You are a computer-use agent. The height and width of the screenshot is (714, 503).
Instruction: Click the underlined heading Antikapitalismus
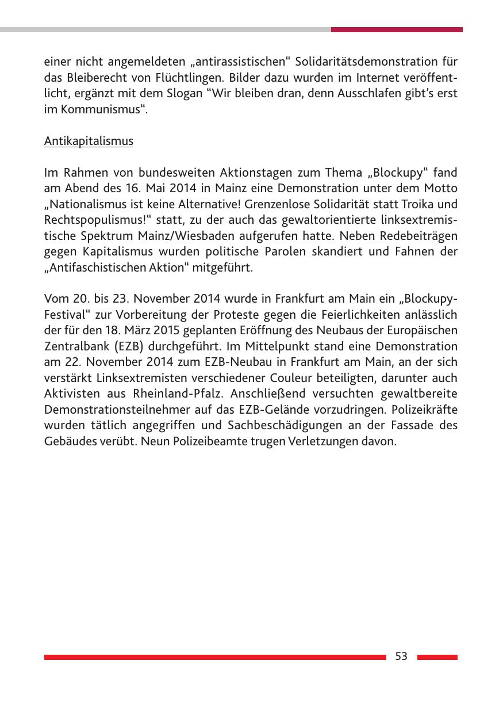point(89,142)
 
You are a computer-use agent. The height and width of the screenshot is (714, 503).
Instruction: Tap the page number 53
point(401,656)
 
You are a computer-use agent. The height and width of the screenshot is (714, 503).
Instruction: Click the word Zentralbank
point(73,347)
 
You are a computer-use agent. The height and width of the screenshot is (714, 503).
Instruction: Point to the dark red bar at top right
point(397,29)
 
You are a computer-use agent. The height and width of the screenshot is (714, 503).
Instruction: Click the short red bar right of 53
point(437,656)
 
